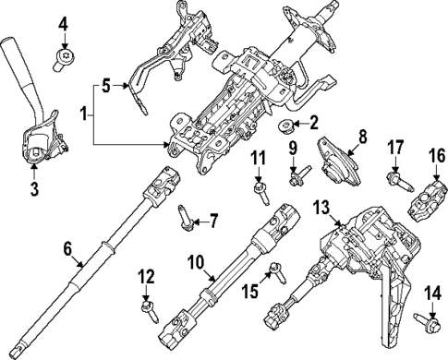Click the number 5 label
pos(106,87)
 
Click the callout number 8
pos(361,136)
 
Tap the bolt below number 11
pos(260,188)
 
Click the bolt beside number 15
pos(275,270)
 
